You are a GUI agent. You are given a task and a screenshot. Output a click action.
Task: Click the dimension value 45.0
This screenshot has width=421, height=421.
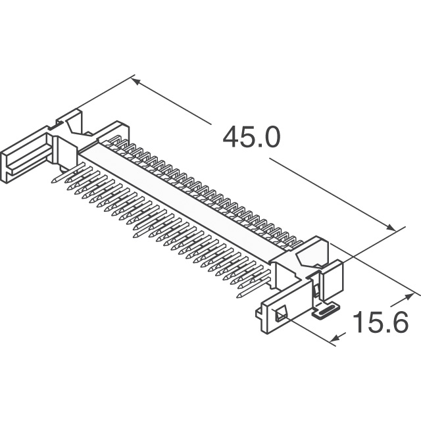click(x=251, y=137)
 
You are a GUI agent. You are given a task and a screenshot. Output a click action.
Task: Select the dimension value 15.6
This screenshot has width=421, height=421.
click(x=380, y=322)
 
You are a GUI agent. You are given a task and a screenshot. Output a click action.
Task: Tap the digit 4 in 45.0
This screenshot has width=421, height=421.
click(x=232, y=137)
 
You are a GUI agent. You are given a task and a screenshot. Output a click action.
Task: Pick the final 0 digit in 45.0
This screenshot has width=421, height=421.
click(x=271, y=137)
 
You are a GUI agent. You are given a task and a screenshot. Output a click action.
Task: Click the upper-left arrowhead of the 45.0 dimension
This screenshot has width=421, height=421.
click(x=136, y=82)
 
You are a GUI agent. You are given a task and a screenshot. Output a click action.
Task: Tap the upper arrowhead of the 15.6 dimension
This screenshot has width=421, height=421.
click(x=409, y=297)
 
